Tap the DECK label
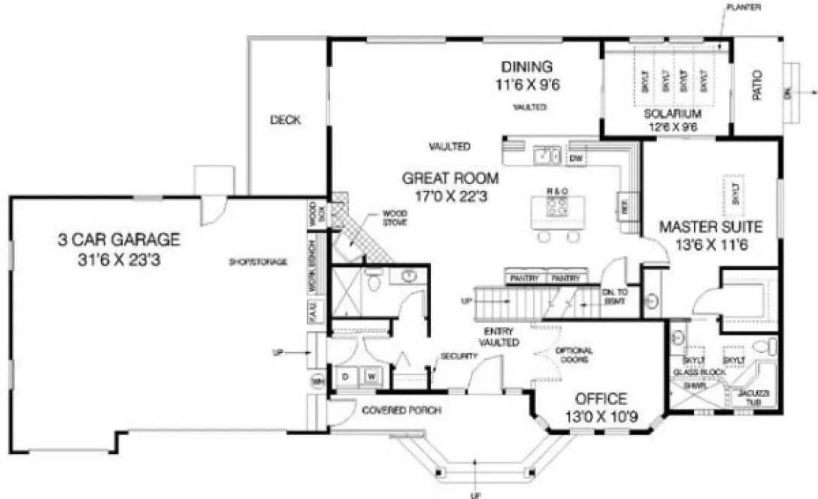tap(286, 119)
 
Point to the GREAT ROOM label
tap(450, 178)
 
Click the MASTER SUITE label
tap(710, 226)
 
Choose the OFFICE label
tap(601, 398)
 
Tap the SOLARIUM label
tap(672, 113)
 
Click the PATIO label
tap(757, 85)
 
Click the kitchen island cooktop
tap(557, 206)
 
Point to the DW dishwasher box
tap(577, 159)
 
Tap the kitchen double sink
tap(545, 156)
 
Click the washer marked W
tap(371, 375)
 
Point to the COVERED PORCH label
tap(401, 410)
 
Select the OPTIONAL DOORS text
tap(574, 355)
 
